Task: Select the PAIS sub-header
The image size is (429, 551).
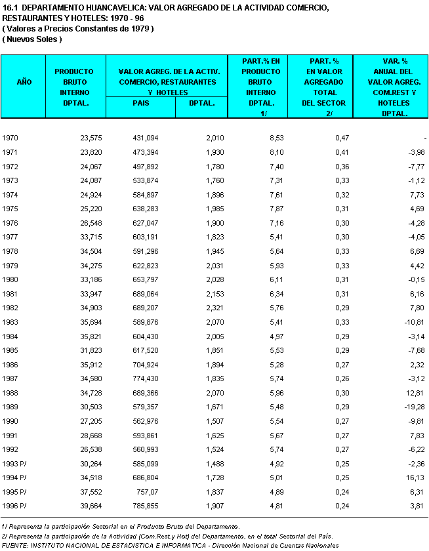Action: pos(140,102)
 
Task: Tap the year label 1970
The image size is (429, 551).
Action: pos(10,138)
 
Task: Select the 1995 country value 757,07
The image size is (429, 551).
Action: pos(148,492)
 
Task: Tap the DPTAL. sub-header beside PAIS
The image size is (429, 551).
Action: pos(200,102)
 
